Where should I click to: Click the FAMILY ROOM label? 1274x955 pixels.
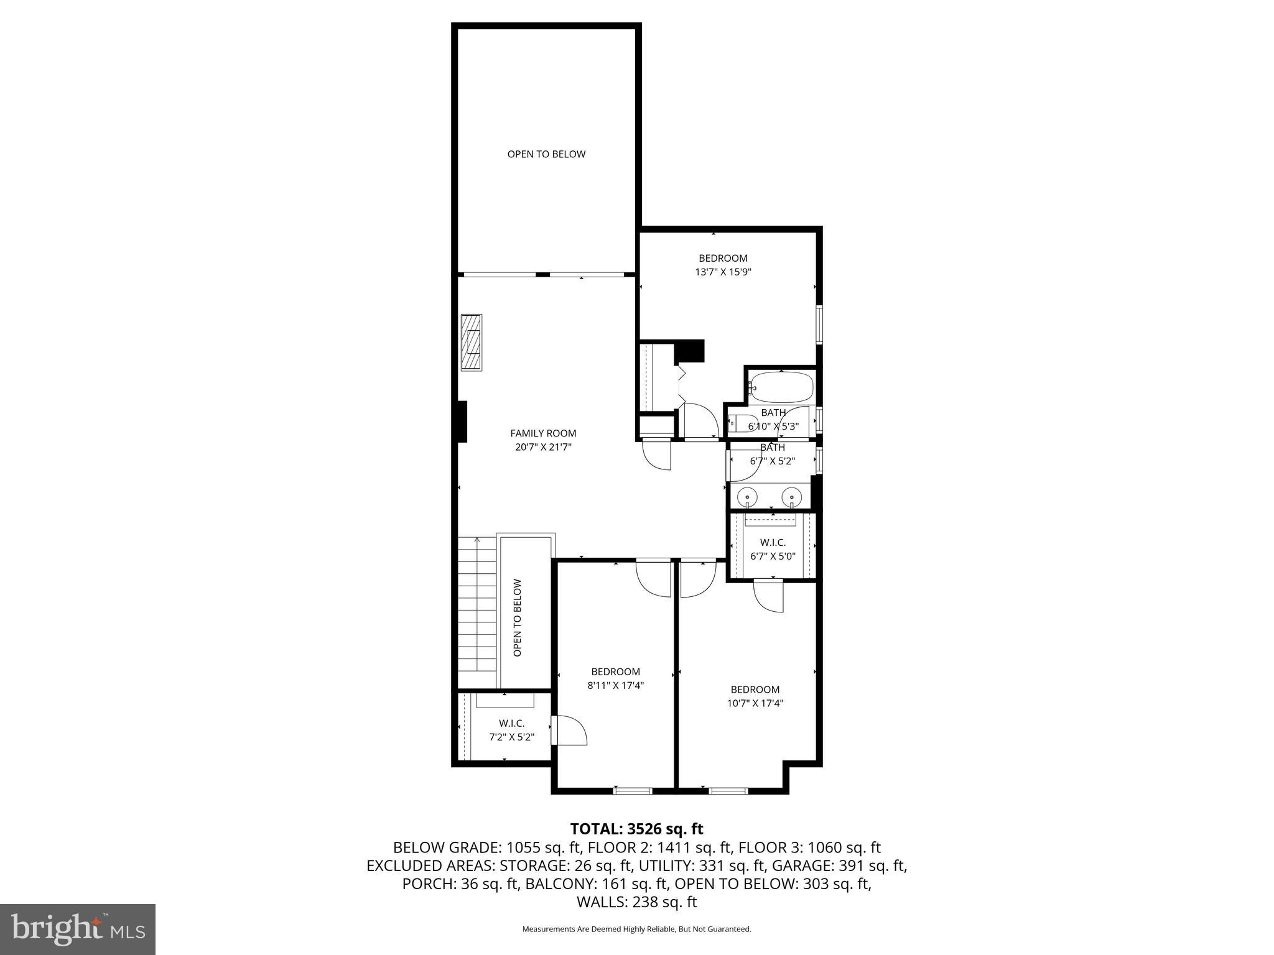point(543,433)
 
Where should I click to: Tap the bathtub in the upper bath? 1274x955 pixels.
point(781,387)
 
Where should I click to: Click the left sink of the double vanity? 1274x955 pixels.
point(746,497)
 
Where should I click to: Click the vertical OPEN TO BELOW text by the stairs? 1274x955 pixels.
point(518,617)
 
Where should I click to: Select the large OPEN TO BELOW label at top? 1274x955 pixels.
point(546,154)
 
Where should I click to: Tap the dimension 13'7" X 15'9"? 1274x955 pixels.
point(723,272)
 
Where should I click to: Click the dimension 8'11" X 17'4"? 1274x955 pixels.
point(615,685)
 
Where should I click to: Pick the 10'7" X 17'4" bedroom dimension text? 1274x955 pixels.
point(755,703)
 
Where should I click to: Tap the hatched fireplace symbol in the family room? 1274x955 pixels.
point(471,343)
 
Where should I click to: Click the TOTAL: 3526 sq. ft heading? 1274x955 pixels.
point(636,829)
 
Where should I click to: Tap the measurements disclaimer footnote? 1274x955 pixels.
point(636,930)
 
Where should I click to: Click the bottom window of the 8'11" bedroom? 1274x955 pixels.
point(633,791)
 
